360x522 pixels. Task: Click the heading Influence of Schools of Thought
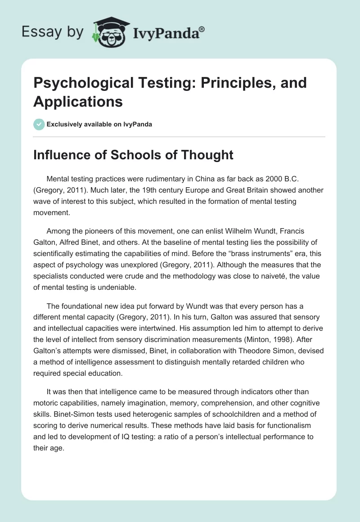tap(133, 155)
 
